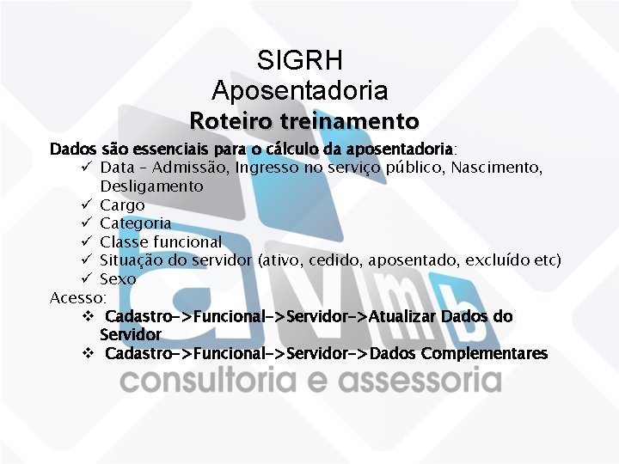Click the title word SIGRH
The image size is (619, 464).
(300, 61)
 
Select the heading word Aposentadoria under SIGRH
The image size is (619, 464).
(300, 89)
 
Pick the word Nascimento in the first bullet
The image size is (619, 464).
(499, 167)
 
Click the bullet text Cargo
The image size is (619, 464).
(122, 205)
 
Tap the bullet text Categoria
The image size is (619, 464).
(135, 223)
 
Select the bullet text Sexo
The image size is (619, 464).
(118, 278)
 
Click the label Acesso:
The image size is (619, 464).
(78, 297)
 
